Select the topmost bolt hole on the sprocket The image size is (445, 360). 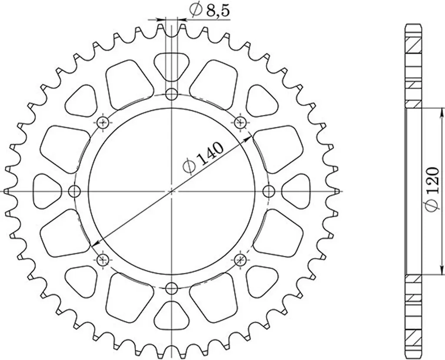point(172,94)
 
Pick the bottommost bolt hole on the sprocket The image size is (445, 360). point(172,287)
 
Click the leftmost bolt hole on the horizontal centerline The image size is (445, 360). point(75,191)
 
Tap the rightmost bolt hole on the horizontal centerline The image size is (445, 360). point(269,191)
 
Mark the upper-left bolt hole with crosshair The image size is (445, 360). point(103,122)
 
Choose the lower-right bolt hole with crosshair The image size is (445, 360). point(240,260)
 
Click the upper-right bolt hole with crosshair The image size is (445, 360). point(240,122)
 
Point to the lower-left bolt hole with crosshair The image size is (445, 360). point(103,260)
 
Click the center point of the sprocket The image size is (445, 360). point(172,191)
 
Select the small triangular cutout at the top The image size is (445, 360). point(172,65)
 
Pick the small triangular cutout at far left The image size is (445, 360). point(46,191)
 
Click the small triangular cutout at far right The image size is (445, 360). point(298,191)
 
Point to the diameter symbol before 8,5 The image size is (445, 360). point(195,10)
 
